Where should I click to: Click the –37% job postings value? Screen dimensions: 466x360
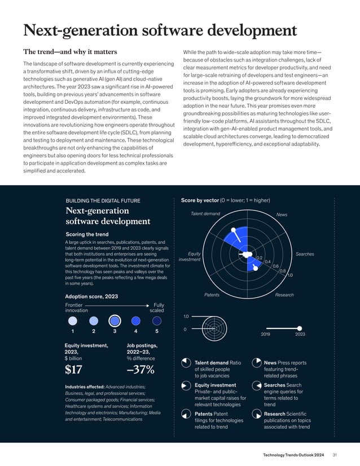[141, 370]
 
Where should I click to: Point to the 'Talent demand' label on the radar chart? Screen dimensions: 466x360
[205, 214]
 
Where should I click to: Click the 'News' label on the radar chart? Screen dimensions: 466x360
[282, 214]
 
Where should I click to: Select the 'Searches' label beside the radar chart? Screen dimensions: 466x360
[305, 254]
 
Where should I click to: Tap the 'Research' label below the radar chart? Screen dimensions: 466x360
[284, 295]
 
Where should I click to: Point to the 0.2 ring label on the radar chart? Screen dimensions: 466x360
[260, 258]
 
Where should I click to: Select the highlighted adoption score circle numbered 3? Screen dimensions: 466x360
[115, 320]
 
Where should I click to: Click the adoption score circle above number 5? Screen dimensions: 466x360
[156, 320]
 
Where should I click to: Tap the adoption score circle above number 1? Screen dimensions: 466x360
[72, 320]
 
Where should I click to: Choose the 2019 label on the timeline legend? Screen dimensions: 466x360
[266, 335]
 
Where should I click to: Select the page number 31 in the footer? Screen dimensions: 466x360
[335, 455]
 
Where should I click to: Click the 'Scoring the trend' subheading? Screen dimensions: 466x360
[87, 234]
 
